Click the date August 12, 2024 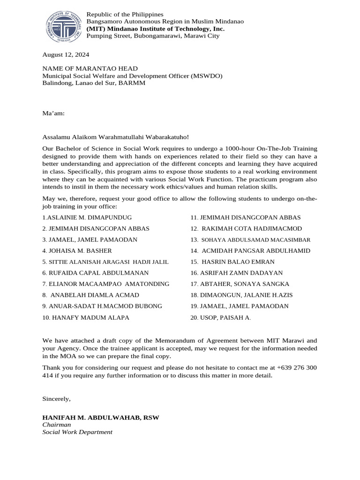click(x=66, y=54)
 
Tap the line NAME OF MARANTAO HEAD click(x=90, y=68)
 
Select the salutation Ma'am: click(x=53, y=113)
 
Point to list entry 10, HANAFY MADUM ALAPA click(x=86, y=317)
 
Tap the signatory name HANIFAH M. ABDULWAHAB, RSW click(x=101, y=417)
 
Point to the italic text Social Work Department click(x=77, y=432)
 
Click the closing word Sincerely click(x=56, y=398)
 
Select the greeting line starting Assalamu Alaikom click(x=116, y=137)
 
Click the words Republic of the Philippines click(x=125, y=15)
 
